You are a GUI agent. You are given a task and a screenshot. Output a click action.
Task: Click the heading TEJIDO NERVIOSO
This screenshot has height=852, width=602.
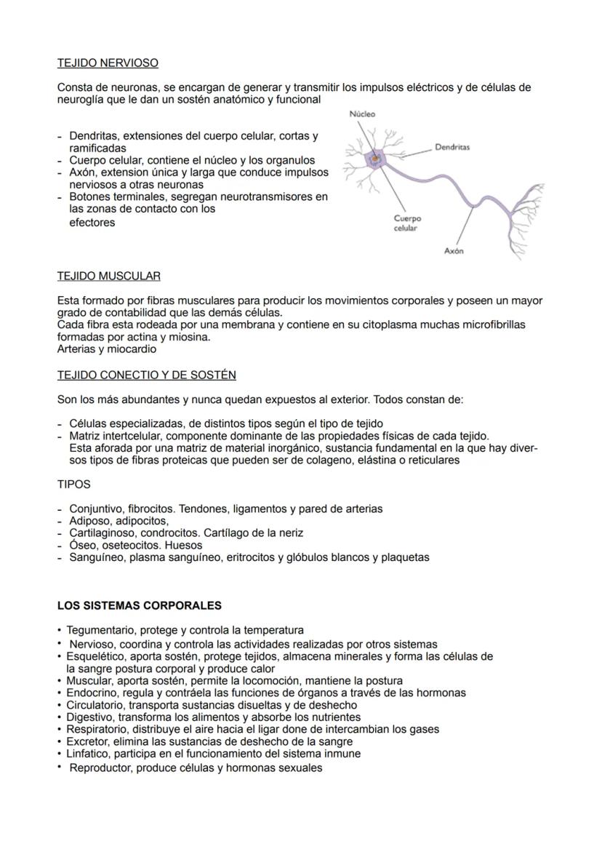(x=108, y=63)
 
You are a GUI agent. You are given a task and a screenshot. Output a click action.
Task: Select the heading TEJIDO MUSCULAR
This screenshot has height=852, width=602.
(x=109, y=276)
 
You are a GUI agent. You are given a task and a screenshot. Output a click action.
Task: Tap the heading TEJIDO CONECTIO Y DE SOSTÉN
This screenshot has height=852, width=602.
(x=146, y=375)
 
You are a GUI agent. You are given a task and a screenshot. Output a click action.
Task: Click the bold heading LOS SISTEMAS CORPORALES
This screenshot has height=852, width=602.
(x=140, y=605)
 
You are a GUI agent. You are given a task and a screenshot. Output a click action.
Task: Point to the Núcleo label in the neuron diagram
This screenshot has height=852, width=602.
(x=362, y=114)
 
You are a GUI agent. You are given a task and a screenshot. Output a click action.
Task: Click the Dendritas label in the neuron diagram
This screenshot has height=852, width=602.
(x=451, y=147)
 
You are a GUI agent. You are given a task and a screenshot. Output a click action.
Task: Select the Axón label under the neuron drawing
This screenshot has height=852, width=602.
(x=454, y=251)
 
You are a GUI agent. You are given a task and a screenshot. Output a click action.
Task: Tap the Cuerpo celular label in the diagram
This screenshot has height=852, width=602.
(x=406, y=223)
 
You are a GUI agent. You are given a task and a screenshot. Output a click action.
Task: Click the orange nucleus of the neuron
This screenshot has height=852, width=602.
(x=375, y=157)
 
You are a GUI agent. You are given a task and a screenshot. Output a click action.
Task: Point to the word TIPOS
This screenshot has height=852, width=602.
(x=73, y=484)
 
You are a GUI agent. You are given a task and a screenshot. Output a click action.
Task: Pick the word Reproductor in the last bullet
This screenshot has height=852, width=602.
(x=99, y=768)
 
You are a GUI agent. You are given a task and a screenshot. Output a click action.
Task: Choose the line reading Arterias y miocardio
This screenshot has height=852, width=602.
(x=107, y=349)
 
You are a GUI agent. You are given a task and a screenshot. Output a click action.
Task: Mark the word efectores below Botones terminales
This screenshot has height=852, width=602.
(x=92, y=223)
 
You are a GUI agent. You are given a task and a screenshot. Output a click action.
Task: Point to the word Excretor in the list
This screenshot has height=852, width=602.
(x=87, y=741)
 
